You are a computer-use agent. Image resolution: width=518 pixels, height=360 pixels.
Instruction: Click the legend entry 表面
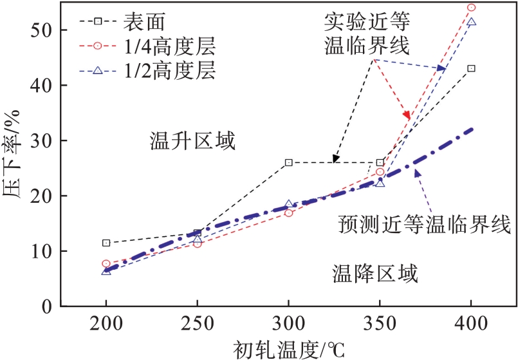pyautogui.click(x=145, y=21)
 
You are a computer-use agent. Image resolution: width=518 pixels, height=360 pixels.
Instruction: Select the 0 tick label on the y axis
pyautogui.click(x=48, y=306)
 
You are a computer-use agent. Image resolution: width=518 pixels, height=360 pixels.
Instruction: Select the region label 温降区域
pyautogui.click(x=375, y=274)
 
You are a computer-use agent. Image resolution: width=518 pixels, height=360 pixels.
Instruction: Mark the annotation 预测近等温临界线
pyautogui.click(x=425, y=225)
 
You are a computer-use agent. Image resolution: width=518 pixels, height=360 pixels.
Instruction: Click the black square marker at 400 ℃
pyautogui.click(x=471, y=68)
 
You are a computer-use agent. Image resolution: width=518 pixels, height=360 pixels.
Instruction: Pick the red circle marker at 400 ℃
pyautogui.click(x=471, y=8)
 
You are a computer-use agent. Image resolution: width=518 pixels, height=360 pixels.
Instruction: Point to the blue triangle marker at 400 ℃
pyautogui.click(x=471, y=22)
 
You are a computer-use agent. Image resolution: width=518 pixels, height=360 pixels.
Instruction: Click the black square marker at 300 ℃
pyautogui.click(x=288, y=162)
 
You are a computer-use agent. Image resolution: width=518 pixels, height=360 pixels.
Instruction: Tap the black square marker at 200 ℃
pyautogui.click(x=106, y=243)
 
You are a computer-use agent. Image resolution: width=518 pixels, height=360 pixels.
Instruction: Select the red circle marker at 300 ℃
pyautogui.click(x=288, y=213)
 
